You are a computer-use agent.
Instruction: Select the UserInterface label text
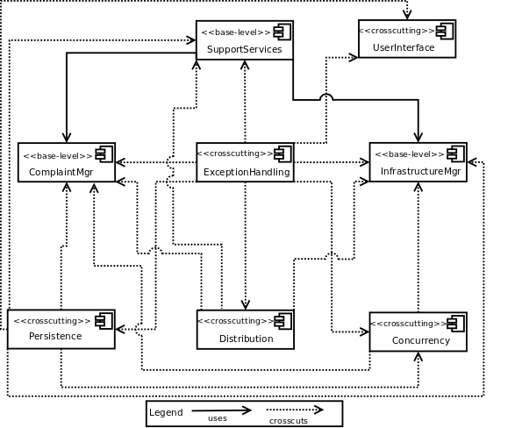[404, 47]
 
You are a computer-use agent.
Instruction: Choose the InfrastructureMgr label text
[419, 171]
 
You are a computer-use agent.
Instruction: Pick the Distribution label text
[246, 339]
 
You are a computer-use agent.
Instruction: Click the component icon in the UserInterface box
[445, 32]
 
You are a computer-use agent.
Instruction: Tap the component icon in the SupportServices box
[282, 32]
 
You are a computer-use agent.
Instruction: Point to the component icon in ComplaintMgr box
[104, 154]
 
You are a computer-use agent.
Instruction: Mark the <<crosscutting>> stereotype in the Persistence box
[51, 321]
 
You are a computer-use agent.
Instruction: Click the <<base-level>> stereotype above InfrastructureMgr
[408, 154]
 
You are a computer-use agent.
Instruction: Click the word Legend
[166, 412]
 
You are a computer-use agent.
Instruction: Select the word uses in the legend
[218, 418]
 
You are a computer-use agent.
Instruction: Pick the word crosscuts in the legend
[288, 421]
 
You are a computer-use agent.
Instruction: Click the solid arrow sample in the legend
[221, 410]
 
